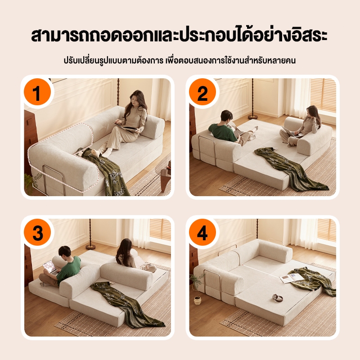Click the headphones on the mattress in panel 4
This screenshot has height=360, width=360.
[x=277, y=297]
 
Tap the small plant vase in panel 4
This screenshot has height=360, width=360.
[x=197, y=301]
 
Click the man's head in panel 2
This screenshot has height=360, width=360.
[x=227, y=117]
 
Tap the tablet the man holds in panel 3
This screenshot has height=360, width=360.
[x=50, y=267]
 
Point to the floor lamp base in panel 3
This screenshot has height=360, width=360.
[x=90, y=247]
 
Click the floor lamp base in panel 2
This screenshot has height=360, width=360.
[x=253, y=117]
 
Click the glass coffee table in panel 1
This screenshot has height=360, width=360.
[x=163, y=174]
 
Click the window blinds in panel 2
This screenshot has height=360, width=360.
[x=323, y=95]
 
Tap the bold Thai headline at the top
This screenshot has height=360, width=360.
[x=179, y=35]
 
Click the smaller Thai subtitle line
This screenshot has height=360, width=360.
[x=180, y=60]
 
